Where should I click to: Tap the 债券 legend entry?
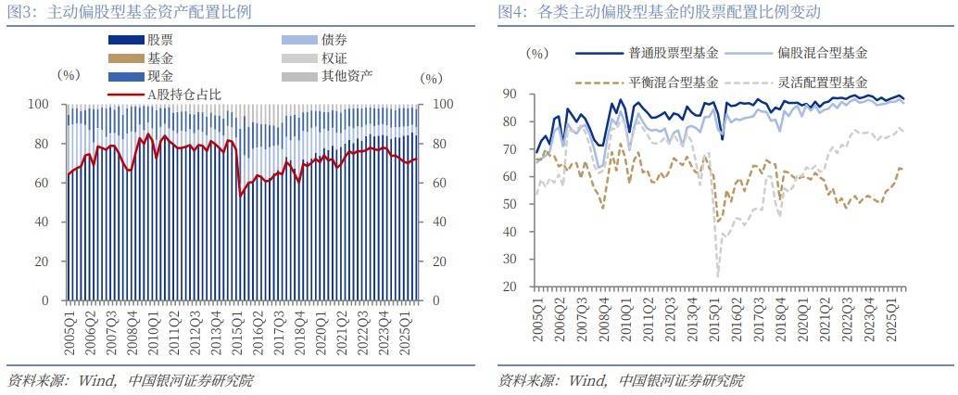point(334,40)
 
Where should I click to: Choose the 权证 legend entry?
point(334,57)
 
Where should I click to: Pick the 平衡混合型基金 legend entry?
point(673,82)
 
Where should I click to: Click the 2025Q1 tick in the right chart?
point(895,315)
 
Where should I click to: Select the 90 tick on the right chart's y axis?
point(509,95)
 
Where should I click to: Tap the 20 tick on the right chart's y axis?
point(509,286)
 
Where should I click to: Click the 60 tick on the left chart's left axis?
point(44,184)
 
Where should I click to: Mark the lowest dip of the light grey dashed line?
point(718,275)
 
